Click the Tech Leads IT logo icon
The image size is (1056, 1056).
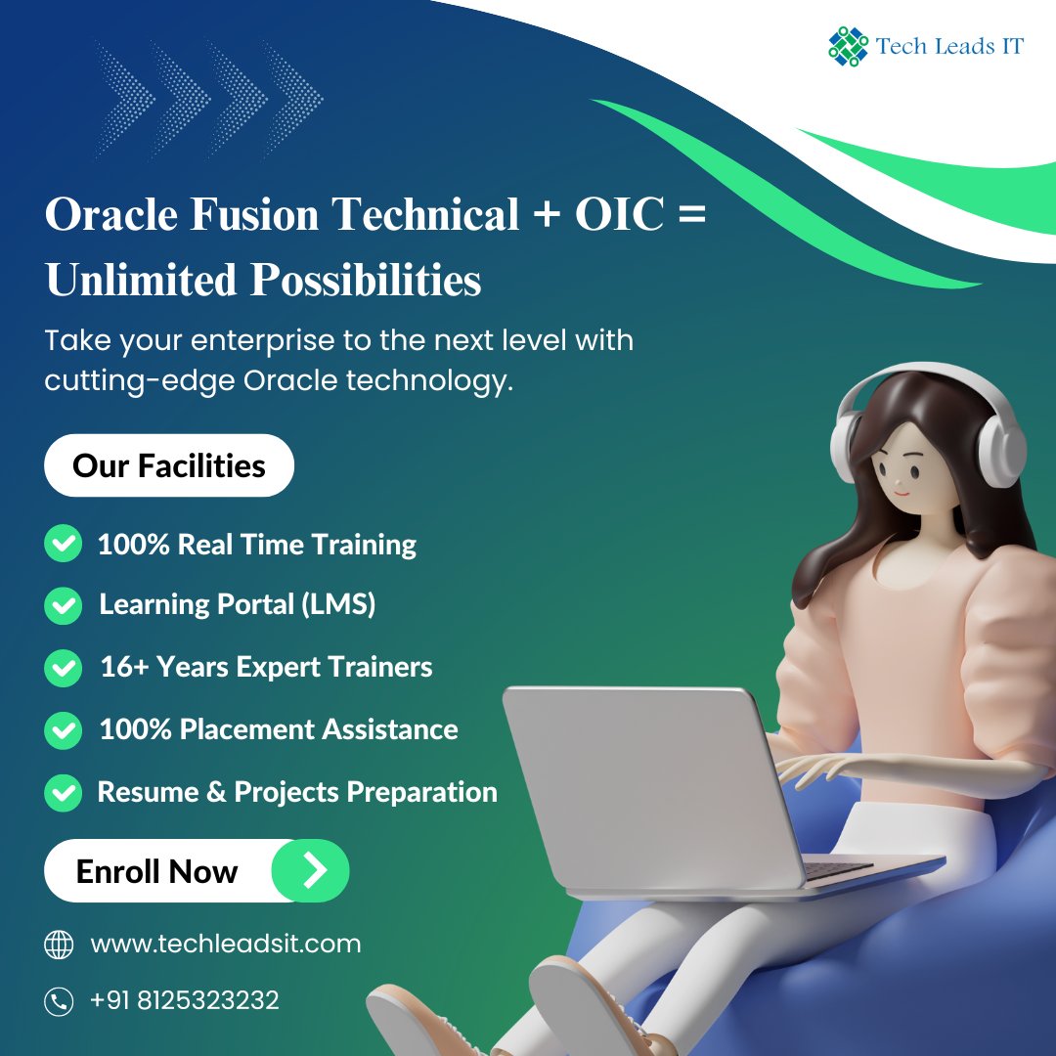click(848, 46)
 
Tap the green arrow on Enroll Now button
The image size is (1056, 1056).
click(310, 870)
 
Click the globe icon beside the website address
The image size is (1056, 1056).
click(60, 945)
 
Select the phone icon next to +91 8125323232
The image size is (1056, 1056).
click(60, 1001)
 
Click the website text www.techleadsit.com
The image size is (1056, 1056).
click(225, 944)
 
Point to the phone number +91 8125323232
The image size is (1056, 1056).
click(184, 1000)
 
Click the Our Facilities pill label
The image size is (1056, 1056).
click(169, 465)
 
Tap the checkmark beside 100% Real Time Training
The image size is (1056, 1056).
click(63, 544)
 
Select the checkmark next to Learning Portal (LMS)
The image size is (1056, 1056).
click(63, 605)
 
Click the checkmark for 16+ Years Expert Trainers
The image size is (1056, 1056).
click(63, 668)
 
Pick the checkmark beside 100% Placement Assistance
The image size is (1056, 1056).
click(63, 729)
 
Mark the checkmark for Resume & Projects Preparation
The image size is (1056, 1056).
click(63, 792)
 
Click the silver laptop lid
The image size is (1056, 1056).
click(645, 782)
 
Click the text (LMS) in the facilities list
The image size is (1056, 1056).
click(338, 605)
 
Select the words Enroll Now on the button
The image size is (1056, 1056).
click(156, 871)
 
